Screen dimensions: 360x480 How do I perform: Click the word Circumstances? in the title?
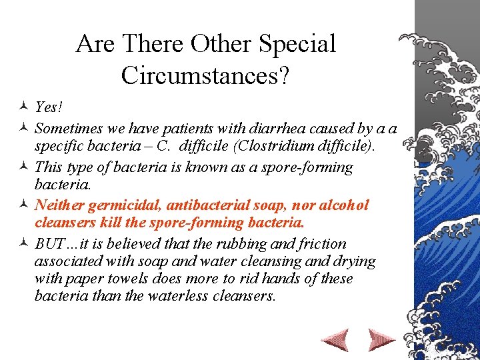click(x=205, y=75)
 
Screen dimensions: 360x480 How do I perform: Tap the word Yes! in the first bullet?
click(x=47, y=107)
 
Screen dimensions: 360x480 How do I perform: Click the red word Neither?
click(x=57, y=205)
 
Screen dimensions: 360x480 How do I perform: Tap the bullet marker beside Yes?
click(x=23, y=107)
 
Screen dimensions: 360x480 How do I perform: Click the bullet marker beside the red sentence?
click(x=23, y=205)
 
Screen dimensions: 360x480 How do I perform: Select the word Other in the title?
click(x=220, y=45)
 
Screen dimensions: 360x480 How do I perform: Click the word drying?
click(x=355, y=261)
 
